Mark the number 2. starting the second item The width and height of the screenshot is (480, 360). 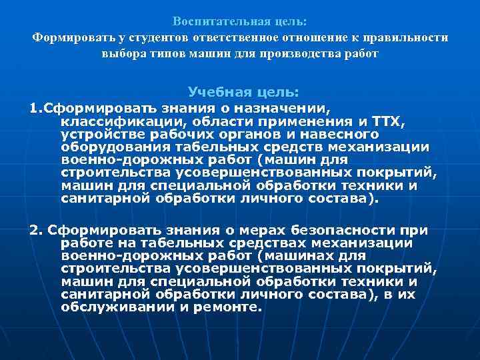tap(36, 231)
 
